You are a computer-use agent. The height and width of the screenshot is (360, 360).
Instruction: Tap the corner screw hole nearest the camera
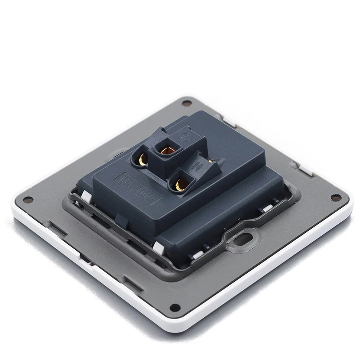[x=175, y=308]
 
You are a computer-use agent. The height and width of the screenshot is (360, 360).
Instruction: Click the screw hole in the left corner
[x=28, y=200]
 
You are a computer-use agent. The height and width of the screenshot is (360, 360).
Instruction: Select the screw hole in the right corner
[x=336, y=197]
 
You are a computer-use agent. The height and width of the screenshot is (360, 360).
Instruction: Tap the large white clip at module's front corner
[x=158, y=247]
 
